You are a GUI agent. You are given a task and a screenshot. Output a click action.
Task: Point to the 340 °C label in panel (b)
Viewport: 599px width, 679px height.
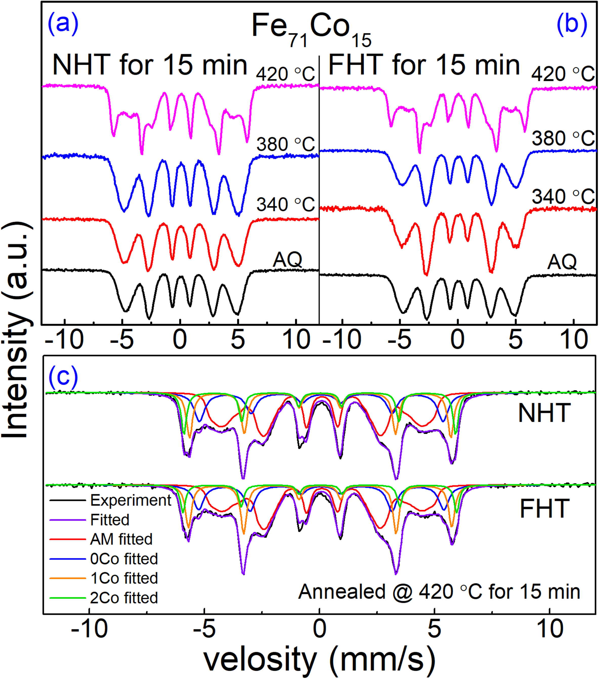pos(563,197)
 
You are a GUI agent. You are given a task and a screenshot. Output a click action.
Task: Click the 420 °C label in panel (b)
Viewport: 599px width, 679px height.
pos(563,74)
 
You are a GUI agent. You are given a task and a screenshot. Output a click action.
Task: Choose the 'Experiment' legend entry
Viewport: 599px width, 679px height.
pos(131,500)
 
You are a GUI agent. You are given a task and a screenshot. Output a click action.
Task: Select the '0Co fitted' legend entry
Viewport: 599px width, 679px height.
pos(124,559)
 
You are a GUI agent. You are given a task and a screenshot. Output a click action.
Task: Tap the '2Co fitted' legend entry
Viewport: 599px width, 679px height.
pos(124,598)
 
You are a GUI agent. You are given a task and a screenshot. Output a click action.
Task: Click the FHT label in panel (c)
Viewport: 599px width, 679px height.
pos(544,509)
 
